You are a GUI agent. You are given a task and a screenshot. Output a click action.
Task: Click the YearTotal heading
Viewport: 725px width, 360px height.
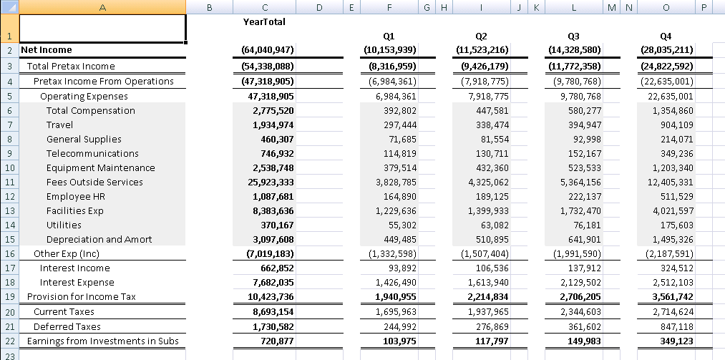(264, 21)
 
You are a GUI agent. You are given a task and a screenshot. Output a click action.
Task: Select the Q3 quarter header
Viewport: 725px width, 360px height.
(573, 35)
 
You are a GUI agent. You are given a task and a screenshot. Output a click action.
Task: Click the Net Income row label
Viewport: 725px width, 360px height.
(47, 50)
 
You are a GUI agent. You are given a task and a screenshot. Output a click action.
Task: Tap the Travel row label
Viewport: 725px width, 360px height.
(60, 125)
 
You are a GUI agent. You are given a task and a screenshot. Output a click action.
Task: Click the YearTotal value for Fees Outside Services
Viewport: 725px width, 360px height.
(264, 182)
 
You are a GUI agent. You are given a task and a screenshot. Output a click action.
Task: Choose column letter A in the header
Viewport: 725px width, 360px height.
(102, 7)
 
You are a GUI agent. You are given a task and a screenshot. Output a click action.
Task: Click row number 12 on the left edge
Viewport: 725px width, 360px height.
(9, 197)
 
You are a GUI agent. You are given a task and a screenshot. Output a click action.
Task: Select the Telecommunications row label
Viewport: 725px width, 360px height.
(82, 153)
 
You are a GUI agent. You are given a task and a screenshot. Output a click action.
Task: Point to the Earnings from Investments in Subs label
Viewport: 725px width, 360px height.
(102, 341)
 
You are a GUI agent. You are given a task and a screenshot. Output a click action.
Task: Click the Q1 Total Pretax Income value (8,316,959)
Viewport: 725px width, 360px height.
(390, 67)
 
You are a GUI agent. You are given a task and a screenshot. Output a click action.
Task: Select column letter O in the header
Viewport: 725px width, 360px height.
(666, 7)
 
